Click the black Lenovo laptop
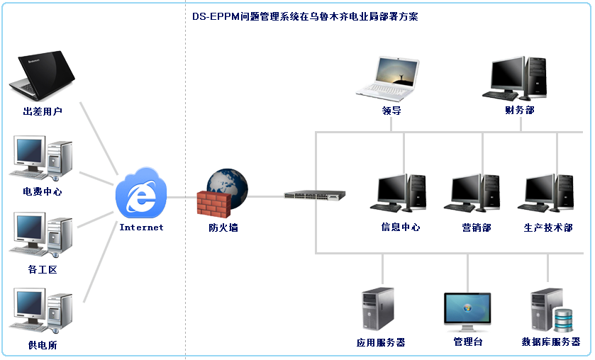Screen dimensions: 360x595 (x=41, y=77)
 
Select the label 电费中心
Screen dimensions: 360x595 (x=42, y=192)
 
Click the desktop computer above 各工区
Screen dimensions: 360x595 (x=40, y=235)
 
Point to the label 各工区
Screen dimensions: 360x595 (x=42, y=269)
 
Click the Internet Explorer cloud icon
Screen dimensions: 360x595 (x=141, y=193)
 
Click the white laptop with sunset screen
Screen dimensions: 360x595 (x=387, y=79)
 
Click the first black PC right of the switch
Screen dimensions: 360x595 (x=397, y=193)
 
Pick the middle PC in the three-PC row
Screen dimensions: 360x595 (x=471, y=193)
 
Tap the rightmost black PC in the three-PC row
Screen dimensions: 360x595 (x=545, y=193)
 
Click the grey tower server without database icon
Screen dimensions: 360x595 (x=377, y=309)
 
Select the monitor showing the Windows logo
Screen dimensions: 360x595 (x=467, y=312)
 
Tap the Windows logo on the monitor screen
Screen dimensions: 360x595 (x=467, y=308)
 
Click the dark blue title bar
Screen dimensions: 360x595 (x=305, y=16)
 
